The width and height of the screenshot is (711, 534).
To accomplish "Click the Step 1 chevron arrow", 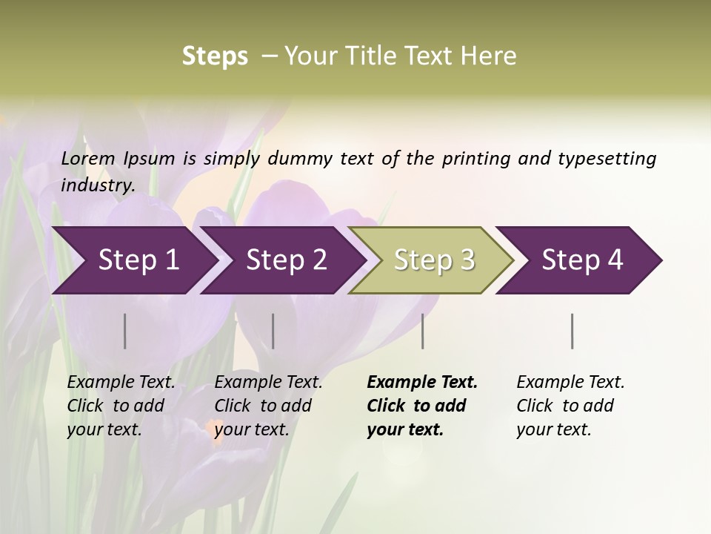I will click(x=133, y=260).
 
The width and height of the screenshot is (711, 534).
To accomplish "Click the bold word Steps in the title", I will click(x=215, y=56).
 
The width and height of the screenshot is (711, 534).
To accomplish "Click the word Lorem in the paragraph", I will click(x=88, y=158).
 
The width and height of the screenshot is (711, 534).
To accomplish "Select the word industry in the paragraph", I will click(x=98, y=185).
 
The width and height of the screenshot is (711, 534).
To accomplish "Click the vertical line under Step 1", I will click(x=125, y=331).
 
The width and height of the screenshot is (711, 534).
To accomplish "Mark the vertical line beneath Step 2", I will click(x=273, y=331).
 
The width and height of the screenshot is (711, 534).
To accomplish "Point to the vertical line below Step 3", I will click(x=423, y=331).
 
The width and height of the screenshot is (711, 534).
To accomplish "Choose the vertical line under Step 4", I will click(x=573, y=331).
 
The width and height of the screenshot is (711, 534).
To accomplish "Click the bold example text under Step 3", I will click(x=422, y=406).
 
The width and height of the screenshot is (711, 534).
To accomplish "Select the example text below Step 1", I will click(x=121, y=406).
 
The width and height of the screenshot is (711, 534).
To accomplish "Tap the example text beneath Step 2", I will click(x=268, y=406).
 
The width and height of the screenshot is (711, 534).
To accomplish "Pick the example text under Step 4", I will click(x=570, y=406).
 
